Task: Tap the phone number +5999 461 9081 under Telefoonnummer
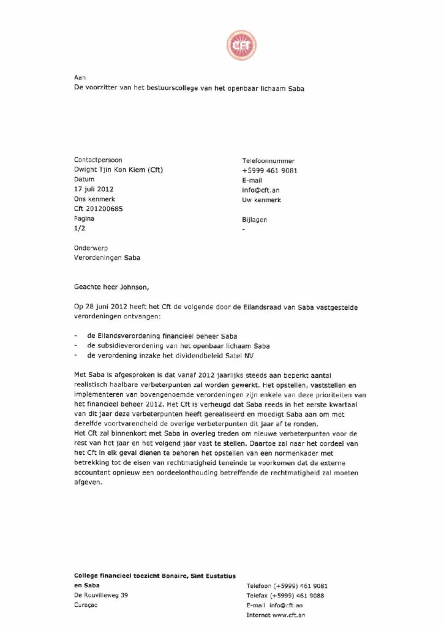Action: [269, 170]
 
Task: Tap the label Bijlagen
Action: [255, 219]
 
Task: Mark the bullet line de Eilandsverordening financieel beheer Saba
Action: [162, 336]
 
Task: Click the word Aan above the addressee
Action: [79, 78]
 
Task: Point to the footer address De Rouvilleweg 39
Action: [101, 595]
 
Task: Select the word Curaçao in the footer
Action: [86, 604]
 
